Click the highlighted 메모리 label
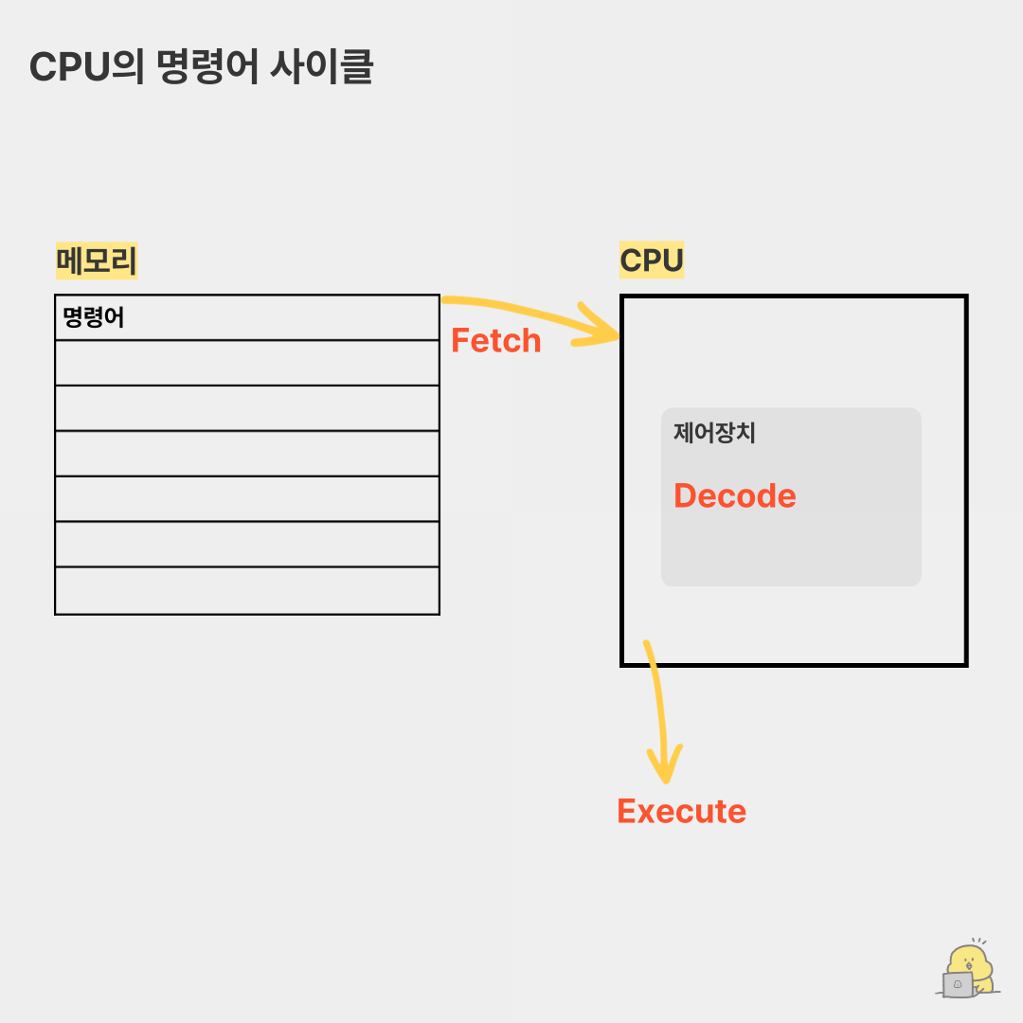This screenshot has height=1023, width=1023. (97, 260)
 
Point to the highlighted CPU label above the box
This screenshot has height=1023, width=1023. (652, 260)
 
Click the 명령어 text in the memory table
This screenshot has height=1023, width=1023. (94, 317)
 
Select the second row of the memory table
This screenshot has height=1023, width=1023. (247, 363)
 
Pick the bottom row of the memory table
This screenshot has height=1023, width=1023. (247, 590)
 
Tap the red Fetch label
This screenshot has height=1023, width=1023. (495, 340)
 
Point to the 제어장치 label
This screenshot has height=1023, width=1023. (714, 433)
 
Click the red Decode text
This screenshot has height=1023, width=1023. (734, 495)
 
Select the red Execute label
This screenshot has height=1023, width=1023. (681, 811)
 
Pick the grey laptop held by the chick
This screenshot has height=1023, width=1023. (958, 984)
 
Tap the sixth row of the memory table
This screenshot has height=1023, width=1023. (247, 544)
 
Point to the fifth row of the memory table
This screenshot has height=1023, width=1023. (247, 498)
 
